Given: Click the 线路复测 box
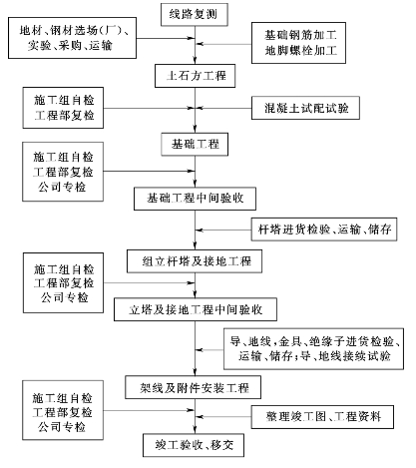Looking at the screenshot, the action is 195,15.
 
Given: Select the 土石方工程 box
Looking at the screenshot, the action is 196,76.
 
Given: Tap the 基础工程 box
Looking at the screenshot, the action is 195,145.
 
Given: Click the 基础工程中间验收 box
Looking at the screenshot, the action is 195,199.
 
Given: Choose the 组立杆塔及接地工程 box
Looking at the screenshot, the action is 195,261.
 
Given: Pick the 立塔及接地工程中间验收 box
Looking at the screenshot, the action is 196,309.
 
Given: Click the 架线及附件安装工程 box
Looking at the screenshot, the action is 193,387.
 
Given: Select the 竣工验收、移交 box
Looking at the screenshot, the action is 194,445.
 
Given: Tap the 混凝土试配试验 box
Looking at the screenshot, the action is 305,108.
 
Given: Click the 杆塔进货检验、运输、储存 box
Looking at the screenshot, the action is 324,230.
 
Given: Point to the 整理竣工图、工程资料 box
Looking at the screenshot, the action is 322,417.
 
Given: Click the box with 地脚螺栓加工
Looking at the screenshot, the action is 298,43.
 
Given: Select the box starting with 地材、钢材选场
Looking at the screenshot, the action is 72,38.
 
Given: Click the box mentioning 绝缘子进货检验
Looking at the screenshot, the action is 313,349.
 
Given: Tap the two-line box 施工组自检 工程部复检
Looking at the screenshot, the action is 63,108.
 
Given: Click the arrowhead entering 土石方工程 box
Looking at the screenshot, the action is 196,61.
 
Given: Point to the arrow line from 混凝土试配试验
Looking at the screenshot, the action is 223,108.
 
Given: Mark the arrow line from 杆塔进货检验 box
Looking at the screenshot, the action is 223,230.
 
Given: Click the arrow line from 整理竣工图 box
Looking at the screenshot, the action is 223,417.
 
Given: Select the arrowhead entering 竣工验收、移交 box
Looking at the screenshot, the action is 196,430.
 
